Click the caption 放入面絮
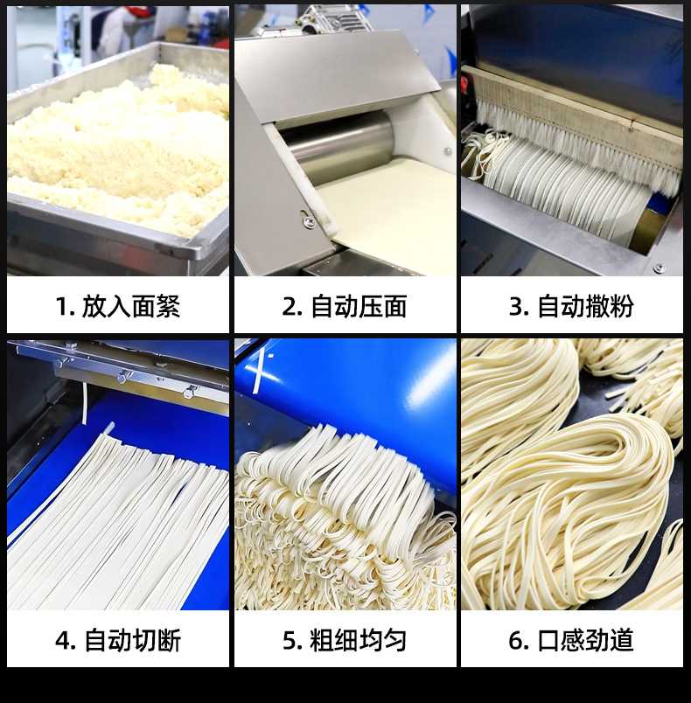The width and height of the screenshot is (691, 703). (131, 306)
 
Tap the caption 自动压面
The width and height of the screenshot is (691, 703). (359, 306)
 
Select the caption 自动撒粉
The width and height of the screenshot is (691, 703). (586, 306)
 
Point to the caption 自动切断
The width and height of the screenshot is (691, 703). (133, 640)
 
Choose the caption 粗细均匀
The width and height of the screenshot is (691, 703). (359, 640)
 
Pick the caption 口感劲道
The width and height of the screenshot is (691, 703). (586, 640)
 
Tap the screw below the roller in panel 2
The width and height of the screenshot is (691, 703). (308, 220)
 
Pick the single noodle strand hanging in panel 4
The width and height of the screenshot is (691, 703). (85, 402)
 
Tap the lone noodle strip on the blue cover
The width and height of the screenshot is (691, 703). (259, 372)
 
